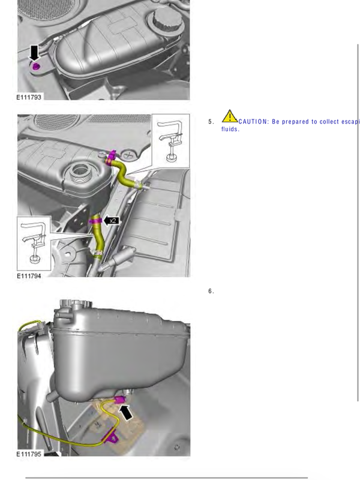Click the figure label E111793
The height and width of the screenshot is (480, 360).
[29, 97]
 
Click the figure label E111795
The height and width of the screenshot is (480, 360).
[29, 454]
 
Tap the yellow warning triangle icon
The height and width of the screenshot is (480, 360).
[229, 116]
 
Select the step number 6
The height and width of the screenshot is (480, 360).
[211, 292]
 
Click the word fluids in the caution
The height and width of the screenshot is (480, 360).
[230, 130]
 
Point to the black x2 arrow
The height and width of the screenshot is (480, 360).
[110, 220]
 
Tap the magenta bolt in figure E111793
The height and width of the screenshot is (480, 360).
[36, 65]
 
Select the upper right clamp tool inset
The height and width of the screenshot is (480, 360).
[170, 140]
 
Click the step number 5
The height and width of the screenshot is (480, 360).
[211, 122]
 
